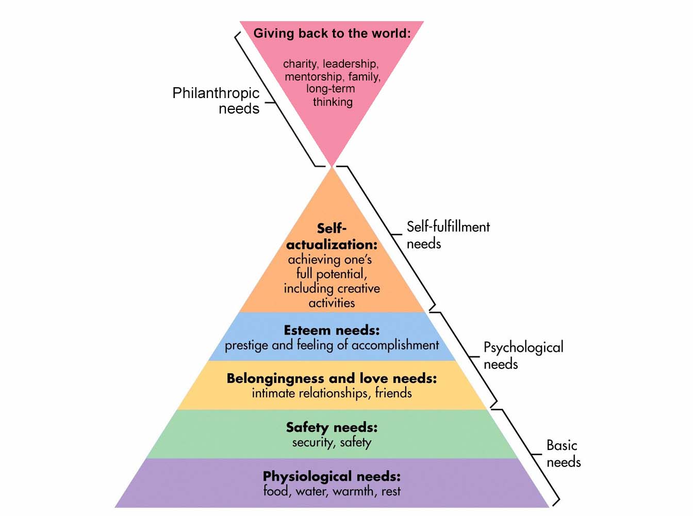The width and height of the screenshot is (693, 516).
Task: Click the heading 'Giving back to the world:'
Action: pos(332,34)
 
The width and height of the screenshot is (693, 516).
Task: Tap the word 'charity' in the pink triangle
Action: pos(300,64)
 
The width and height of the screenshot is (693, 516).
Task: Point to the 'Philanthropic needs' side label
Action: pos(216,101)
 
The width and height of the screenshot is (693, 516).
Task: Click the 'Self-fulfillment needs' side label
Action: pos(448,235)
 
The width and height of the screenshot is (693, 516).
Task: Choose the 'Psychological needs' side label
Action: pos(523,356)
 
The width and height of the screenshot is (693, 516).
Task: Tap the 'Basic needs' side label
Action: pos(563,454)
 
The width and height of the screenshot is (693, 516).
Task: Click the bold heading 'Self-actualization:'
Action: pos(332,236)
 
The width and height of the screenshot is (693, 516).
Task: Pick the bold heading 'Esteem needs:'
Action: pos(332,330)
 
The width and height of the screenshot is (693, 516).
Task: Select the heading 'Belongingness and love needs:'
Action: pos(332,378)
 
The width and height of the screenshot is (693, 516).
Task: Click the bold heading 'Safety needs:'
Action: pos(332,427)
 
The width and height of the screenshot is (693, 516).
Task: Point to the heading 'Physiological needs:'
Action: pos(332,476)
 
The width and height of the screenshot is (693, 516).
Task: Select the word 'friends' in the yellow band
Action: pos(393,393)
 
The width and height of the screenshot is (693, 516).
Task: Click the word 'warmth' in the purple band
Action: pos(354,491)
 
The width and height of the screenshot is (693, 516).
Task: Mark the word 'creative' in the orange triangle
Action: pos(355,288)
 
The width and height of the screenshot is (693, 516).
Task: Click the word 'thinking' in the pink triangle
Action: pos(333,102)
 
